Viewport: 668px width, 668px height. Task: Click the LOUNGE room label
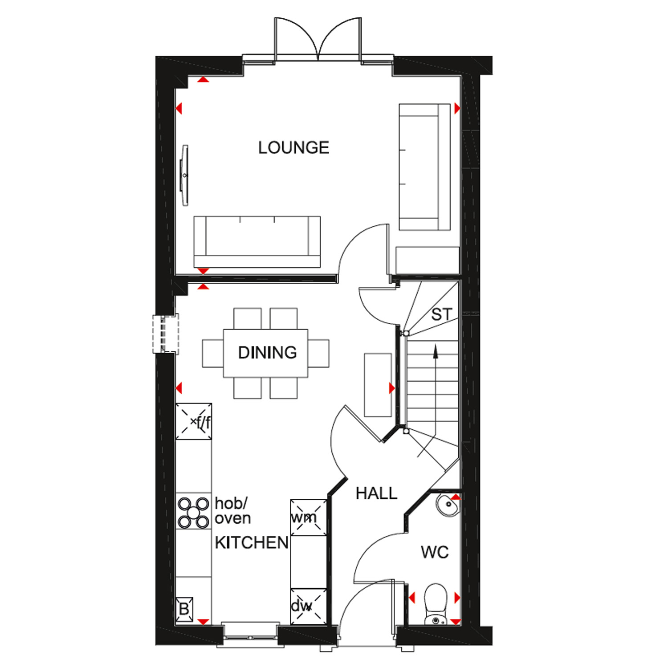293,147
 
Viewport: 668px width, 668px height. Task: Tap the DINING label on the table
267,353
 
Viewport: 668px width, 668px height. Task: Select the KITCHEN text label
252,542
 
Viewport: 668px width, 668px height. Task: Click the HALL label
376,493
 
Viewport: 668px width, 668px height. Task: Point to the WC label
435,553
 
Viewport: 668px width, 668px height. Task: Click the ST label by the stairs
441,315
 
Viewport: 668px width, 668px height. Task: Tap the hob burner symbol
194,512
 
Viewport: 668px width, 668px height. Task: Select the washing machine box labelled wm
308,517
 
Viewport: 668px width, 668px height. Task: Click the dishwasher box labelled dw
308,606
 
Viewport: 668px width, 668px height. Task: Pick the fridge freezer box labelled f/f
194,422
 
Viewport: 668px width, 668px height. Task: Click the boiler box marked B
184,608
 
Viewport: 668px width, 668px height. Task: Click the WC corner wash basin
447,506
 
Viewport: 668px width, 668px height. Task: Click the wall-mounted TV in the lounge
184,175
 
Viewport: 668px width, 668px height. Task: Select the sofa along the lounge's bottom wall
257,242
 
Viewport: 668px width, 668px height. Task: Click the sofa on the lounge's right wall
424,167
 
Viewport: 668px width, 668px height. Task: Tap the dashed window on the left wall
166,334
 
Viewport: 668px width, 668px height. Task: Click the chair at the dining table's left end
213,354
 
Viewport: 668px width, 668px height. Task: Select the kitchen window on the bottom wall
250,632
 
